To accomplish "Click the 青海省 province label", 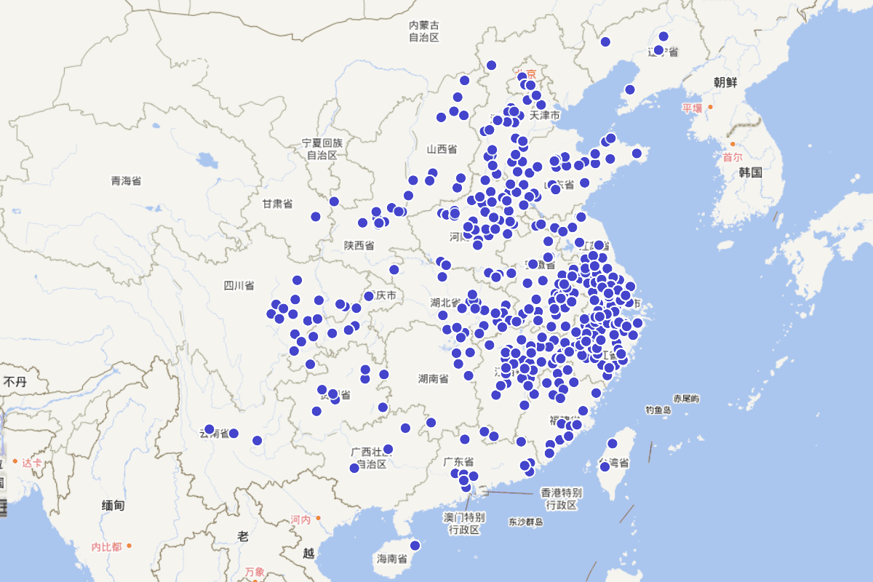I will pos(126,180).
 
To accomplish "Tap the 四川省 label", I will pos(239,285).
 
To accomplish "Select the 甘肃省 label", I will pos(277,204).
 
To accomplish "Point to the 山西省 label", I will pos(442,149).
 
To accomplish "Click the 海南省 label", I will pos(391,559).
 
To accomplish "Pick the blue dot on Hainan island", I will pos(415,545).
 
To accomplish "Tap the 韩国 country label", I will pos(749,172).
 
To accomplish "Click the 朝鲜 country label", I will pos(725,82).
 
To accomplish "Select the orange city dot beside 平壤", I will pos(711,107).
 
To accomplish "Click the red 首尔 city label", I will pos(733,156).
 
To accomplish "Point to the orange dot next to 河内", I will pos(318,518).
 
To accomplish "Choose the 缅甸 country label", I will pos(113,504).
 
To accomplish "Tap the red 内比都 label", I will pos(106,546).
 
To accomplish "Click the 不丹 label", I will pos(15,381).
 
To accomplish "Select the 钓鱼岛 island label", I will pos(658,410).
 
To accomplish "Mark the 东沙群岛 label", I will pos(526,522).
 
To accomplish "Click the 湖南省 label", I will pos(433,378).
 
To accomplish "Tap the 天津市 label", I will pos(545,116).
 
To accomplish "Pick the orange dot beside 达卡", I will pos(15,461).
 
